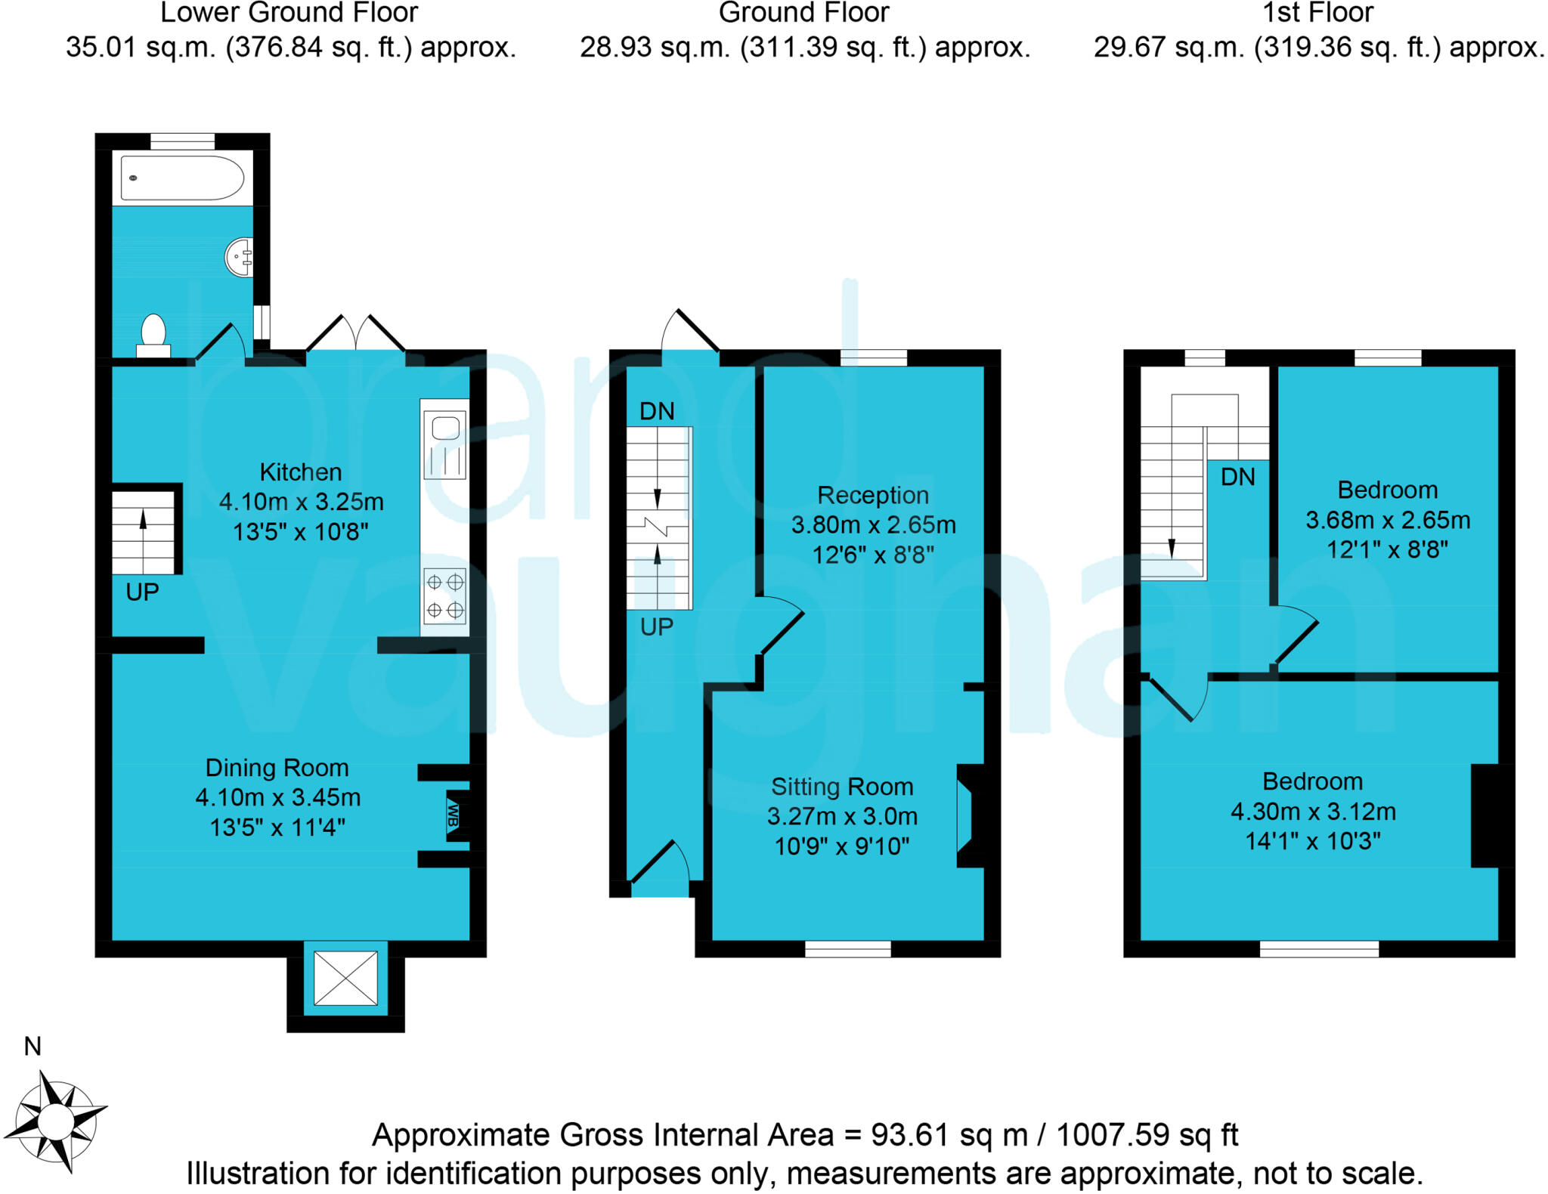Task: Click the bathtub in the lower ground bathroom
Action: coord(182,178)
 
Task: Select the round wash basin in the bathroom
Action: coord(239,257)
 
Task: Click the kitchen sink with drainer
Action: coord(444,445)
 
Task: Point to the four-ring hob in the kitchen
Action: coord(444,595)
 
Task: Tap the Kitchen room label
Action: coord(301,472)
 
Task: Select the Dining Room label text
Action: coord(277,768)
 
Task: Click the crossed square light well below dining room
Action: coord(345,978)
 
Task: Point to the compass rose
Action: coord(54,1118)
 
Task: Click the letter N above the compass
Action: coord(33,1047)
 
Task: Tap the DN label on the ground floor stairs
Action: coord(657,412)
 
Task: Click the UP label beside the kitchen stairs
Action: coord(142,592)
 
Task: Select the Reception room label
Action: coord(873,496)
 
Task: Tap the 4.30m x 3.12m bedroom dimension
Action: coord(1313,812)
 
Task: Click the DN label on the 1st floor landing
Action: coord(1237,477)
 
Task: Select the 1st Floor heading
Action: coord(1318,13)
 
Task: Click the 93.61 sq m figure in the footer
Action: coord(949,1135)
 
